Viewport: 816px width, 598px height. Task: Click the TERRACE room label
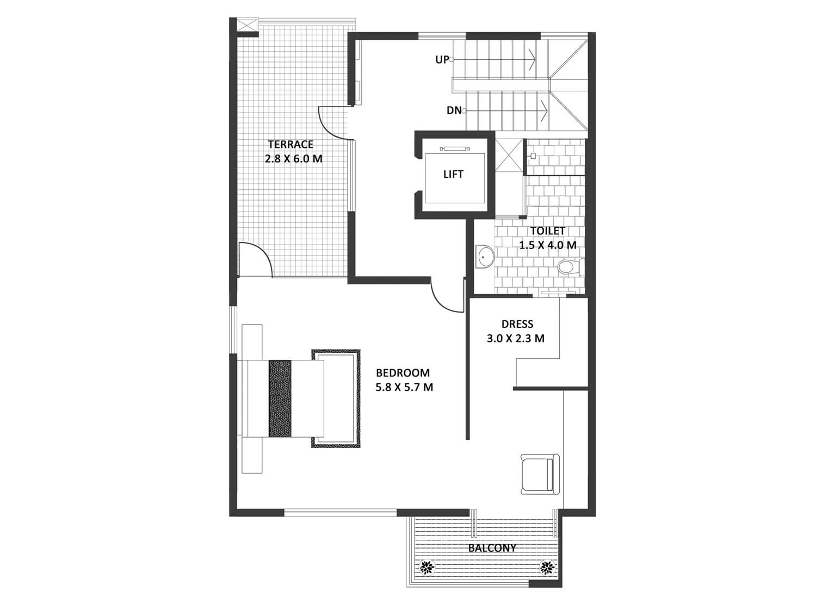pos(290,145)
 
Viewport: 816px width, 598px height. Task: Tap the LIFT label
pos(453,175)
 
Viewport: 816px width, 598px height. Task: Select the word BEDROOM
pos(403,373)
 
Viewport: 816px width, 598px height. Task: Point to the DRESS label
pos(517,324)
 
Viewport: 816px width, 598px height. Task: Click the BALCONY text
pos(492,548)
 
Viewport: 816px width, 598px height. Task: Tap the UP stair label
pos(442,60)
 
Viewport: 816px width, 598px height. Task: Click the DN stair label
pos(454,110)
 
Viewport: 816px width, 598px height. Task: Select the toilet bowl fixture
pos(571,266)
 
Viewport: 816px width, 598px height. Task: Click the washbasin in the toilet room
pos(484,257)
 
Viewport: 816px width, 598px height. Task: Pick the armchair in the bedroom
pos(540,474)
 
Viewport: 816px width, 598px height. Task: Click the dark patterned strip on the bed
pos(280,398)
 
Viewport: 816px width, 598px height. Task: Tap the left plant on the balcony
pos(427,566)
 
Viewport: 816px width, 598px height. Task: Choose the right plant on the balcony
pos(546,566)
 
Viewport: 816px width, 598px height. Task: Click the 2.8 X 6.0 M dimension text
pos(294,159)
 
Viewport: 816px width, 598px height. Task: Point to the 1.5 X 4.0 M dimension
pos(547,245)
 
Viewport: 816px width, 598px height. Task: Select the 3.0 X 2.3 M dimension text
pos(516,339)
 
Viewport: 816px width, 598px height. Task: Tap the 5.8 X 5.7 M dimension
pos(404,387)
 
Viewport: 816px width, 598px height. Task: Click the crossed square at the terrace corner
pos(248,26)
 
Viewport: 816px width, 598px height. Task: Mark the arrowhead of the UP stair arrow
pos(533,59)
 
